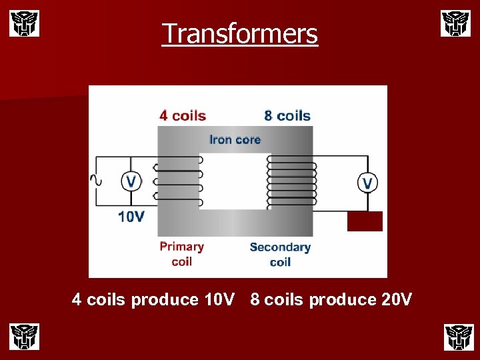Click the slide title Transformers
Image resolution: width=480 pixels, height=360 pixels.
tap(240, 33)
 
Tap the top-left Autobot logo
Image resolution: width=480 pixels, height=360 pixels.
tap(24, 23)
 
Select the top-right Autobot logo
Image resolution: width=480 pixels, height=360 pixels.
tap(455, 23)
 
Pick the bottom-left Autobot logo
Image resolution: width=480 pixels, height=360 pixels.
tap(24, 336)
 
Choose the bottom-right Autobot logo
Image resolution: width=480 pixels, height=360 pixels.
tap(458, 336)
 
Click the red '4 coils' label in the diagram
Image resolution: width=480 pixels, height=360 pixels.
tap(183, 115)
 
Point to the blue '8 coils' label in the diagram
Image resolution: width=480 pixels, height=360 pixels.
tap(287, 115)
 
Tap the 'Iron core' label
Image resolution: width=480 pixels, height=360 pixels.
tap(235, 139)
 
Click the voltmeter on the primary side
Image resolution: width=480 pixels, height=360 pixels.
tap(131, 181)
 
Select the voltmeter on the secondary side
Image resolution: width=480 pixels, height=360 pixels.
tap(367, 183)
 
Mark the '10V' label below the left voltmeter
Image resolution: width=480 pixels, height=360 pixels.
tap(131, 216)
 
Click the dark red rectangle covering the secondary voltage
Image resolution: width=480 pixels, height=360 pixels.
tap(365, 221)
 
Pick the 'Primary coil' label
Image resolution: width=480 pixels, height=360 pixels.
tap(181, 253)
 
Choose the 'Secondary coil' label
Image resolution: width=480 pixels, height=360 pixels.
tap(280, 254)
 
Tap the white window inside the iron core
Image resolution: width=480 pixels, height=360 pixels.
tap(234, 181)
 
